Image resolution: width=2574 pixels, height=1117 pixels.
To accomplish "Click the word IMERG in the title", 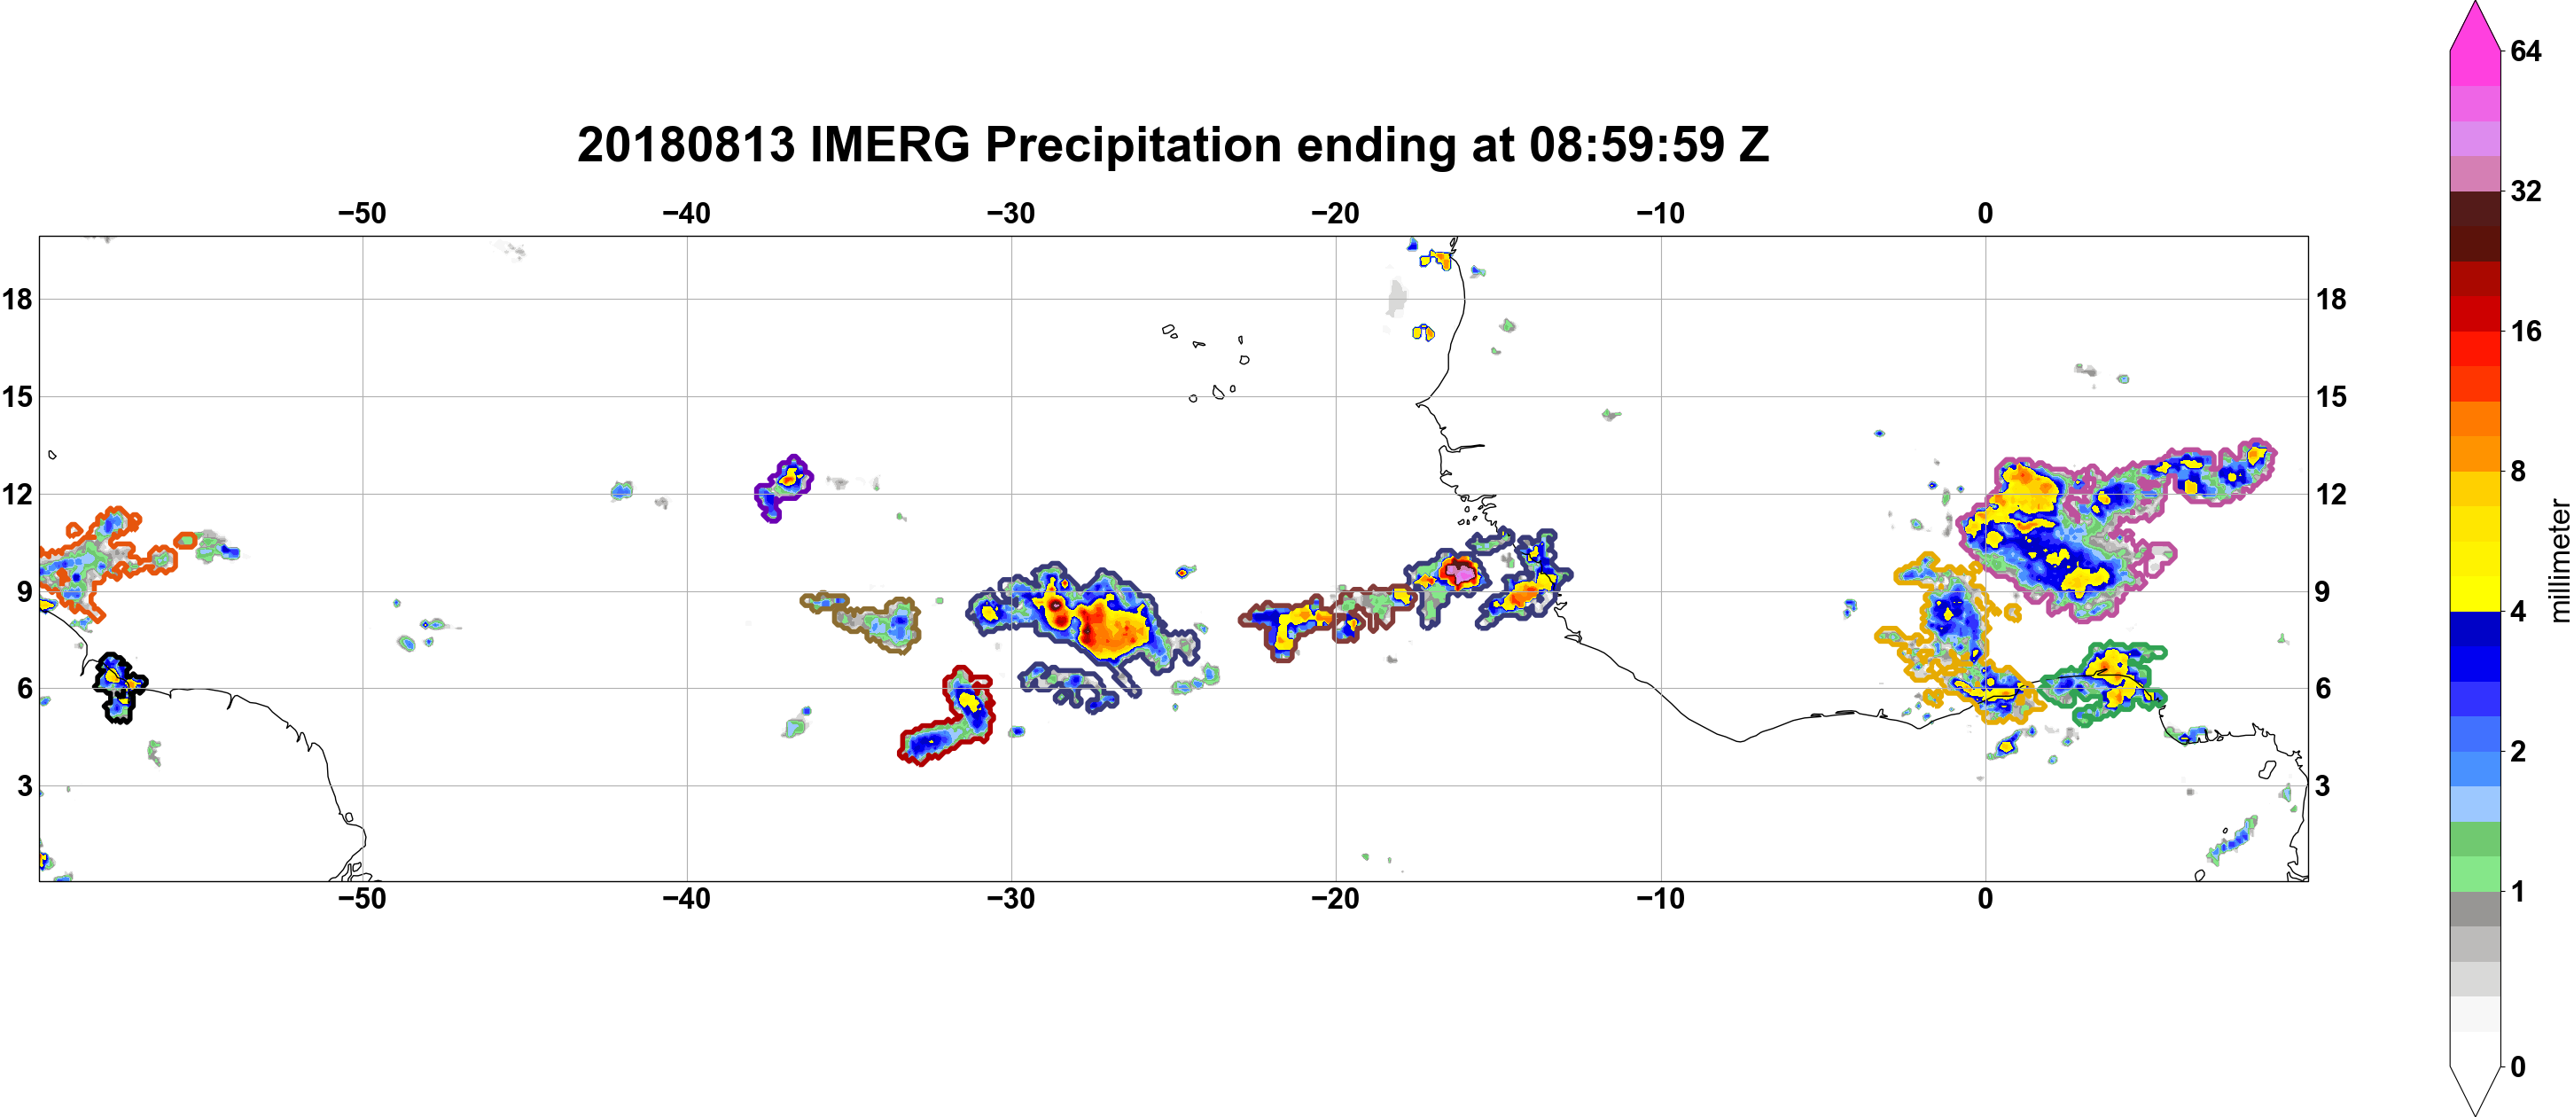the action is tap(889, 145).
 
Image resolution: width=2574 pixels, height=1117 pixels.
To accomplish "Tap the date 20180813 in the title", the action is tap(685, 145).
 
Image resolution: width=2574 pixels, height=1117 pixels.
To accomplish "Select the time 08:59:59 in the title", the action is tap(1626, 145).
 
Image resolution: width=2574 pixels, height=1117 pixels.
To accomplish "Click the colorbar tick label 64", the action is tap(2525, 51).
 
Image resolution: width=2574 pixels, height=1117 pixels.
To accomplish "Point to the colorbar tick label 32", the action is tap(2525, 191).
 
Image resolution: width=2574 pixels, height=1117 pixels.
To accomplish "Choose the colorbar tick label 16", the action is tap(2525, 331).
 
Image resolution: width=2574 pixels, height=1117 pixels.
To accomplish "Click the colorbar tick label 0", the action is tap(2518, 1066).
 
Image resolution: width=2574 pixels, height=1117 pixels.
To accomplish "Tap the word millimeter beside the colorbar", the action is tap(2559, 560).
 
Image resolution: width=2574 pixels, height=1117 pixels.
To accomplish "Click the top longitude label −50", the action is tap(362, 213).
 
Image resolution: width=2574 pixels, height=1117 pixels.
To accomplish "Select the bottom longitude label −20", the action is tap(1336, 898).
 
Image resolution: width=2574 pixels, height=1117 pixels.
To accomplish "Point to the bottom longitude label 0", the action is tap(1985, 898).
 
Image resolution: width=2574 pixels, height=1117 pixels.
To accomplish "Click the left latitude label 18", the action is tap(17, 299).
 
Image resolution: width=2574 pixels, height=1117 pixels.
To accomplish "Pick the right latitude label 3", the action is tap(2323, 785).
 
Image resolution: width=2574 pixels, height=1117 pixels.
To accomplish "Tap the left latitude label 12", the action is tap(17, 494).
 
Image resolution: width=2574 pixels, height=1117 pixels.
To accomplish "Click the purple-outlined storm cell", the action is tap(783, 488).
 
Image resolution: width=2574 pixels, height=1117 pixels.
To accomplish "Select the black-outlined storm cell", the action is tap(119, 686).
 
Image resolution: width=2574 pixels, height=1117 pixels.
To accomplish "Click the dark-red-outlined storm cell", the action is tap(947, 715).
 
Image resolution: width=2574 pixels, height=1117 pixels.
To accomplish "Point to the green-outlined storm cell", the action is tap(2103, 683).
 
